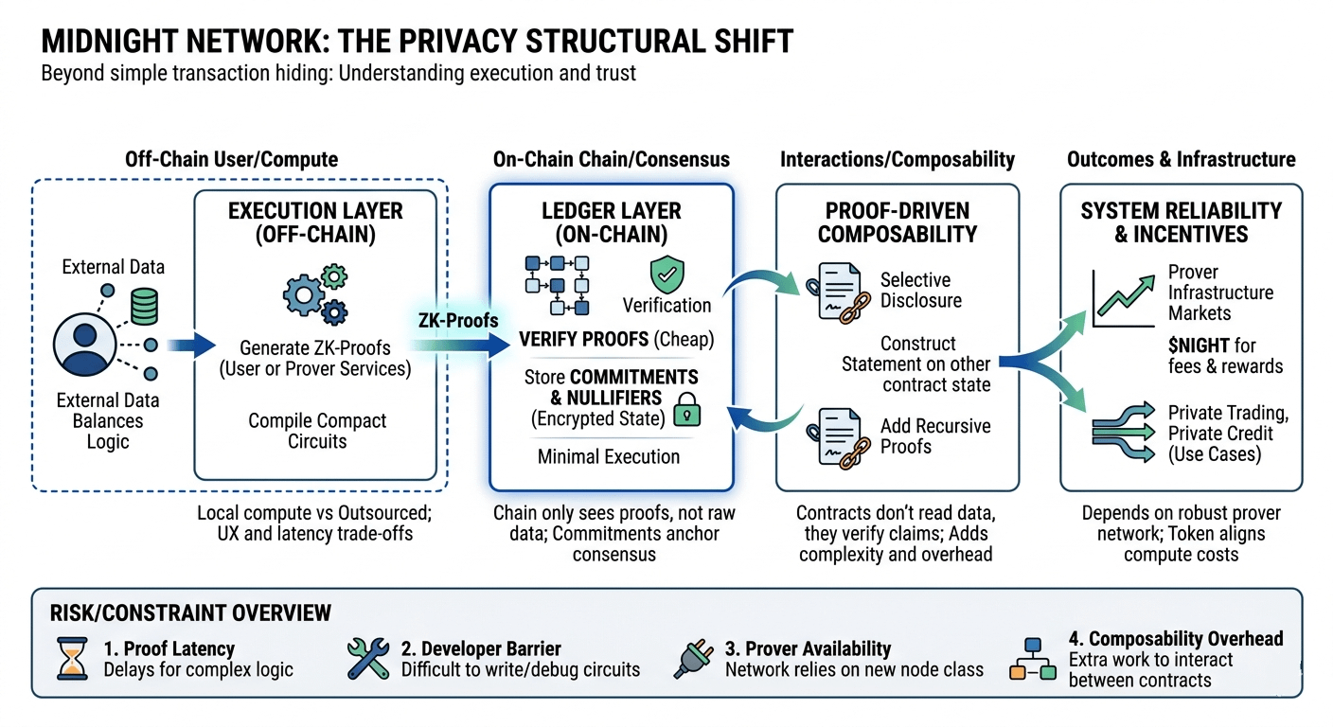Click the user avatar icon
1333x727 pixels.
point(84,345)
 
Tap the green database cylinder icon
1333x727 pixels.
point(144,307)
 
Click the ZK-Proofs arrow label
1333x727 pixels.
point(458,321)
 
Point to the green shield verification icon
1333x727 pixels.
point(667,275)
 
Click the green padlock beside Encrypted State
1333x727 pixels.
point(687,410)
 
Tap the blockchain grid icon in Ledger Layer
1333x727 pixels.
point(557,286)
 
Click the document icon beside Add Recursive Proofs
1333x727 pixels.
point(834,438)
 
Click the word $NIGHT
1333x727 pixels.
point(1199,346)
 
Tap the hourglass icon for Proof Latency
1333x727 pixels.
point(72,659)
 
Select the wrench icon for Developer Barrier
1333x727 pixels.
point(368,659)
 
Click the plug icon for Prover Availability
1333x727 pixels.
point(694,659)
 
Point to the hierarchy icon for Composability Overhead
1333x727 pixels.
point(1033,659)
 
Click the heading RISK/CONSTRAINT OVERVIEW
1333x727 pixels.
point(190,613)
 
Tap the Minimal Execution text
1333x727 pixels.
point(609,457)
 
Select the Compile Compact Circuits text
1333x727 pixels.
point(317,431)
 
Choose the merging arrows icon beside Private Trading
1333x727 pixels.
point(1124,432)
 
